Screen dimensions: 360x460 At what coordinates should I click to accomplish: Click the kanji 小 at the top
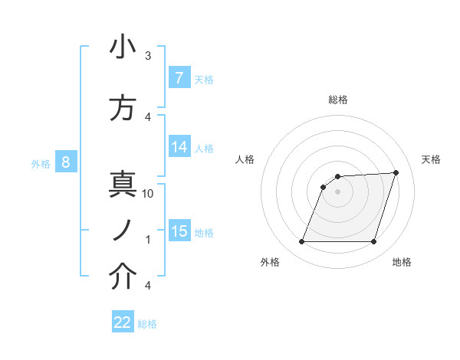pos(123,48)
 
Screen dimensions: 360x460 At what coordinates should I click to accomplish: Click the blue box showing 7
pos(179,78)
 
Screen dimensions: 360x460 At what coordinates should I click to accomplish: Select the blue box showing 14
pos(179,148)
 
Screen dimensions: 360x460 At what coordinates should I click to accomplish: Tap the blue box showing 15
pos(179,232)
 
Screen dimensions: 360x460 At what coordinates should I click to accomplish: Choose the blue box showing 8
pos(66,162)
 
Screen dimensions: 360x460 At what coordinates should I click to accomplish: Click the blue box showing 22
pos(123,322)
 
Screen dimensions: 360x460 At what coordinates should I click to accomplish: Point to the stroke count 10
pos(149,194)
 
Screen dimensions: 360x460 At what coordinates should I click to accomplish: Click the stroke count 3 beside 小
pos(148,56)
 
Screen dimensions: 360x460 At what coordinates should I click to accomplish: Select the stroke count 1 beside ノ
pos(148,240)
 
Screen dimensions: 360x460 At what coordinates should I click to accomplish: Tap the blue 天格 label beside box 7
pos(204,79)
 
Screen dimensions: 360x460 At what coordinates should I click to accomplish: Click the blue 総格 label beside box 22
pos(147,324)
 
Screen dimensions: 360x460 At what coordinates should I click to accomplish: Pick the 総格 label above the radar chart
pos(337,100)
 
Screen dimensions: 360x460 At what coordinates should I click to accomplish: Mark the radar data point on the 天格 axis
pos(396,172)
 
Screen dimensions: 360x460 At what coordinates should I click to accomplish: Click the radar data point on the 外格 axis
pos(301,242)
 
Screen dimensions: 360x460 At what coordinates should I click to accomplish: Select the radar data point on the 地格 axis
pos(373,242)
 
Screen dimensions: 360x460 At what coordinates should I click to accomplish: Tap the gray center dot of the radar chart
pos(337,192)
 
